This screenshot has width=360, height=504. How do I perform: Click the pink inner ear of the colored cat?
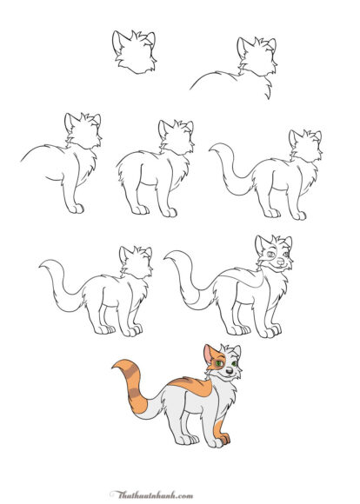[209, 355]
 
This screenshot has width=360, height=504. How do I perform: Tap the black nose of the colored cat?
[229, 371]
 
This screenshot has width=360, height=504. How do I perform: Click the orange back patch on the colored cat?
[194, 387]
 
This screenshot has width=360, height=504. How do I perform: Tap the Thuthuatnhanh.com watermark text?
[151, 494]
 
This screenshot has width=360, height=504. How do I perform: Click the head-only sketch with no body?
[135, 52]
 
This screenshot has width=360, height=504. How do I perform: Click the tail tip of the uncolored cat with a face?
[167, 257]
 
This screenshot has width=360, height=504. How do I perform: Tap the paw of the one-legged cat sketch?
[77, 209]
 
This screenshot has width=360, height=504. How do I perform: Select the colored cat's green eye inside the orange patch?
[219, 363]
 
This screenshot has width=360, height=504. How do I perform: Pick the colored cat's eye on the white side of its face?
[234, 363]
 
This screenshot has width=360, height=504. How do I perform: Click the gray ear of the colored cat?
[237, 350]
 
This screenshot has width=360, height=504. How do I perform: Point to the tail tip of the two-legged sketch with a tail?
[211, 149]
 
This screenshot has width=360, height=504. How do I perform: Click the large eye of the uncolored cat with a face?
[271, 254]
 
